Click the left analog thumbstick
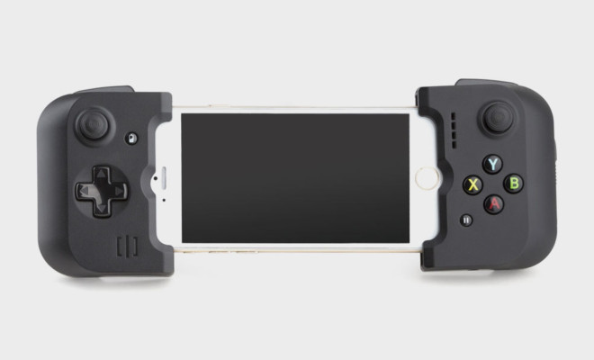93,125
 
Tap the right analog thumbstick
499,117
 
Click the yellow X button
472,184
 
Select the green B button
514,183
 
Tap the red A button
493,204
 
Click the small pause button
466,220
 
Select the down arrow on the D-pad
102,209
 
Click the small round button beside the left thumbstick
131,139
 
